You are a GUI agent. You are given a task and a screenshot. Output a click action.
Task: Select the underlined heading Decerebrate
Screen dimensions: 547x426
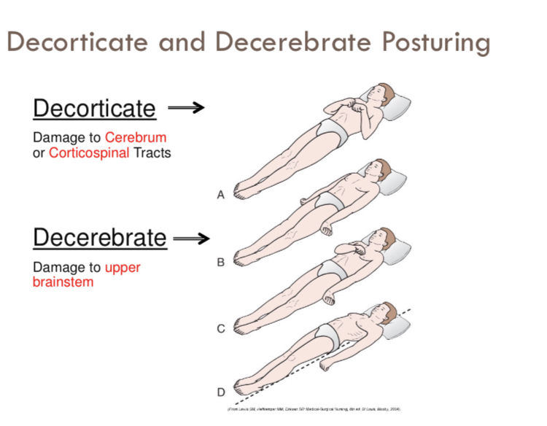pyautogui.click(x=100, y=238)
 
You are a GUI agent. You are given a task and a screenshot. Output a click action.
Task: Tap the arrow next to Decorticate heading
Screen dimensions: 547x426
pyautogui.click(x=186, y=108)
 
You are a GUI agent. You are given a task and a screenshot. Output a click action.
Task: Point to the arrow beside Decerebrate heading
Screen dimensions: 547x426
pyautogui.click(x=192, y=238)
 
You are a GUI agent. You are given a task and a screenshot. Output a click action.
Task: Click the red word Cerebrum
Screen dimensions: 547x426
pyautogui.click(x=135, y=137)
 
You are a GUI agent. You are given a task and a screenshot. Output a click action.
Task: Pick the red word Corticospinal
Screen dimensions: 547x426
pyautogui.click(x=89, y=153)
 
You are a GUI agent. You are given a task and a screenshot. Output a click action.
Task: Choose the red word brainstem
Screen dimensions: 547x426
pyautogui.click(x=63, y=282)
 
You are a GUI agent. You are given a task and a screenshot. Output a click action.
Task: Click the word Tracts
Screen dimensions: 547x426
pyautogui.click(x=152, y=153)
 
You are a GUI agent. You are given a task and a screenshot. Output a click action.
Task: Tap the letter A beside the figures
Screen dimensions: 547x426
pyautogui.click(x=220, y=195)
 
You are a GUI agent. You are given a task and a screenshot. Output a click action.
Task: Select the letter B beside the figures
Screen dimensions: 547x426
pyautogui.click(x=220, y=262)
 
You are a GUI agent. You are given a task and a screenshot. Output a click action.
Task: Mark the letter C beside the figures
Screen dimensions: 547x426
pyautogui.click(x=220, y=329)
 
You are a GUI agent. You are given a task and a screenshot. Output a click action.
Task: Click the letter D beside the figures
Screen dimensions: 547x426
pyautogui.click(x=220, y=393)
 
